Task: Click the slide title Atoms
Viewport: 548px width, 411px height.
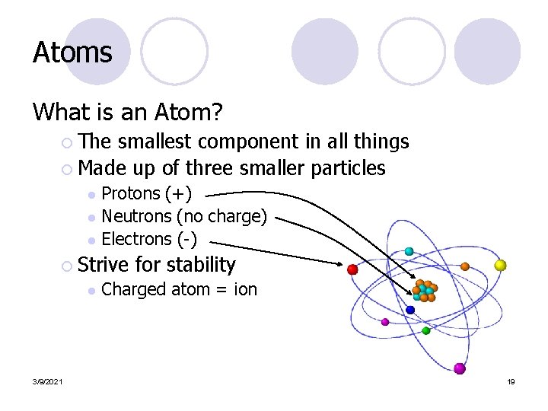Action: coord(72,53)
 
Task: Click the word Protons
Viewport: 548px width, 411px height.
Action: coord(131,194)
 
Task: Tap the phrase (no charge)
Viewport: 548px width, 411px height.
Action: coord(221,217)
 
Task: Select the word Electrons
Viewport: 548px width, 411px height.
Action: coord(137,239)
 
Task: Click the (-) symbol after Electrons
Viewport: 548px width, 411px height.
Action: coord(187,239)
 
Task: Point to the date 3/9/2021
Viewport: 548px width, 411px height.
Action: coord(48,381)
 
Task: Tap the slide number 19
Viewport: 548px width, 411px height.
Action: coord(511,381)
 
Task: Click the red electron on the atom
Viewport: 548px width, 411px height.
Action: coord(352,269)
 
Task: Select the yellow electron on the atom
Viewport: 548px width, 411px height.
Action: coord(500,265)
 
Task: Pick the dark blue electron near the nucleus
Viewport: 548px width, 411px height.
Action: coord(410,310)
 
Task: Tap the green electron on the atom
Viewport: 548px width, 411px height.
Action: coord(426,330)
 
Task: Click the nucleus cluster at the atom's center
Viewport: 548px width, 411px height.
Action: coord(424,291)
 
